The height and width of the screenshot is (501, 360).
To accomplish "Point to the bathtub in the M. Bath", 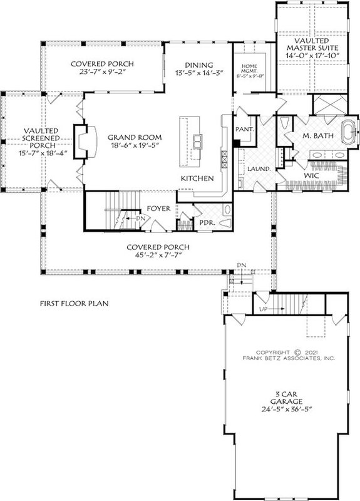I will [346, 135].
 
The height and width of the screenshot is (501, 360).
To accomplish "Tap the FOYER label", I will [160, 208].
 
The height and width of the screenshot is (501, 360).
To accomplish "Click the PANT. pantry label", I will [244, 130].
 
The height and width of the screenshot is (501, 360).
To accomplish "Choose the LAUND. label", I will [259, 169].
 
